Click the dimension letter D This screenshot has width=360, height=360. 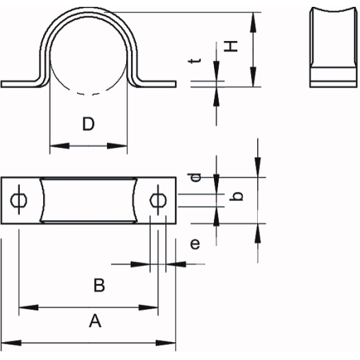(x=88, y=123)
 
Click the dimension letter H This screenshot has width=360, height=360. (x=230, y=47)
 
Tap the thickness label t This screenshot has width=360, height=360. (x=195, y=60)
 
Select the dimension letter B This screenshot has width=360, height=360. (x=99, y=285)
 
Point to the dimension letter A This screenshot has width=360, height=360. (x=95, y=321)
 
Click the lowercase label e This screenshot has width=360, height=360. (x=195, y=244)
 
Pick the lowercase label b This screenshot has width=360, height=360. (x=237, y=196)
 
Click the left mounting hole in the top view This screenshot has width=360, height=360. (x=19, y=200)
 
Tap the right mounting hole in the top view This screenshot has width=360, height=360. (x=158, y=200)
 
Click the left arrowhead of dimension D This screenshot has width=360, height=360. (x=60, y=146)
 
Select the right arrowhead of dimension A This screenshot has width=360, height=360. (x=166, y=343)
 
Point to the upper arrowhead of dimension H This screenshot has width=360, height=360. (x=253, y=22)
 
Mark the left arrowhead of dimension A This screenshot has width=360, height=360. (x=11, y=343)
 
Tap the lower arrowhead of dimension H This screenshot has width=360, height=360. (x=253, y=77)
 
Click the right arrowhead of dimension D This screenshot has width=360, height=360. (x=117, y=146)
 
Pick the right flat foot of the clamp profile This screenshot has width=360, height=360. (x=159, y=84)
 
